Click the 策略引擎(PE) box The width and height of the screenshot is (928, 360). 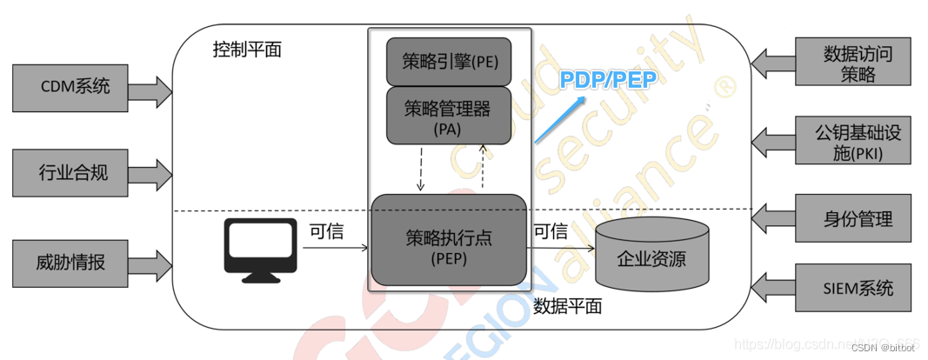point(448,62)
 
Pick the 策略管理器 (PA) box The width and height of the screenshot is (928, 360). point(448,116)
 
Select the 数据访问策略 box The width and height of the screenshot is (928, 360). point(857,63)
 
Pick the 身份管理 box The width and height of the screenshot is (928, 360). point(857,219)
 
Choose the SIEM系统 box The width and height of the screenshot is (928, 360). point(857,289)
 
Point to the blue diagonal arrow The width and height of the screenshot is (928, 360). point(560,120)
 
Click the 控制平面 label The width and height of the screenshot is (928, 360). point(247,50)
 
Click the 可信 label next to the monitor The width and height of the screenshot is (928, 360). point(328,231)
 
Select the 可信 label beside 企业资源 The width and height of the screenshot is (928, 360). point(550,231)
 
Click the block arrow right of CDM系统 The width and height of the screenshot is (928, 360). point(153,87)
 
